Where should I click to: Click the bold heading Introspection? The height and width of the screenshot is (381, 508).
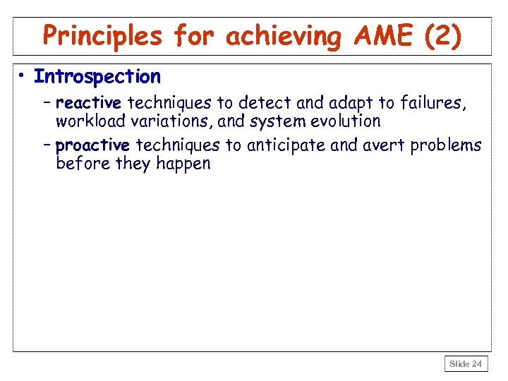tap(97, 76)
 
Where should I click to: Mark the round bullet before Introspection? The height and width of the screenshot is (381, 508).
tap(23, 76)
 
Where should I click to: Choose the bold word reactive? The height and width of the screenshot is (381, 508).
tap(88, 104)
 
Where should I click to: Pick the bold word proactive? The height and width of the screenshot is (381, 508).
tap(92, 146)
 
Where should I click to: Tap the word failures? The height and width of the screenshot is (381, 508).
tap(432, 104)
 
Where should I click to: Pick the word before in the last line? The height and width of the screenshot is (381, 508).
tap(78, 164)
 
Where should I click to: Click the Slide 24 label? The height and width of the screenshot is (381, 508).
tap(466, 364)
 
